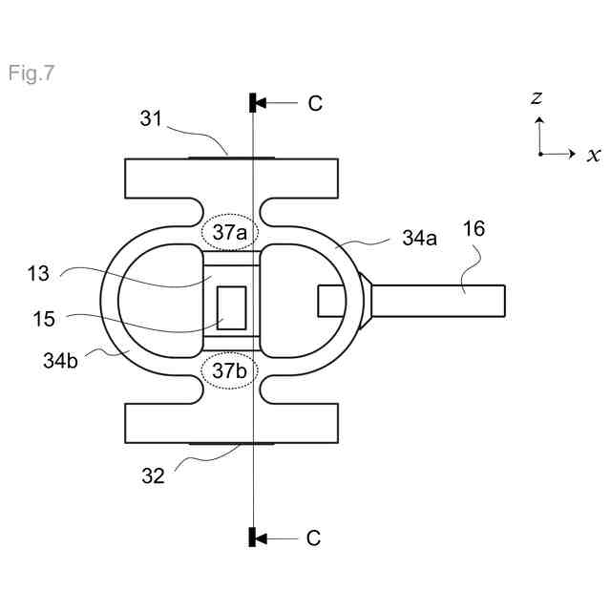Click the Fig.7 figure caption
coord(32,74)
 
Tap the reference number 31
coord(151,118)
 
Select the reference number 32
coord(153,475)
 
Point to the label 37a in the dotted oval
coord(229,233)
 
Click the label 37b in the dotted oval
coord(229,370)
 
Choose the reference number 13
coord(38,274)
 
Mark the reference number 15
coord(44,319)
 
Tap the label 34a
coord(419,238)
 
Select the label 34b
coord(60,361)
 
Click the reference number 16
coord(474,228)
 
